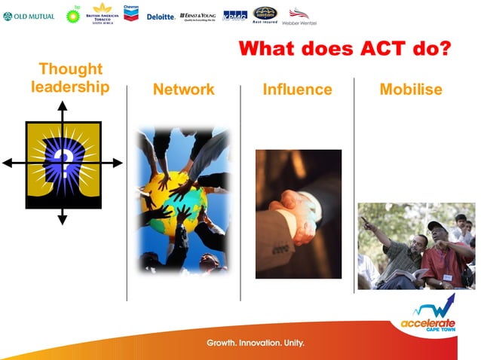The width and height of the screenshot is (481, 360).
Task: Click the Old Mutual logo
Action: coord(29,16)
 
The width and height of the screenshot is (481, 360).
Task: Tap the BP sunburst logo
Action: coord(73,15)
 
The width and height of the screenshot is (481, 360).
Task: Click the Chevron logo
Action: coord(131,13)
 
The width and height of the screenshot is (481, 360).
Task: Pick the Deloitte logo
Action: coord(161,16)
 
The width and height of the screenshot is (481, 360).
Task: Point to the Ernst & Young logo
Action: coord(198,16)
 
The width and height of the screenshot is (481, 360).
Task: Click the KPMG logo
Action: coord(234,15)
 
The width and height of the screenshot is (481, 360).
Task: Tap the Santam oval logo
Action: coord(264,14)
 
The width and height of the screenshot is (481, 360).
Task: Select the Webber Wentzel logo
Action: coord(299,15)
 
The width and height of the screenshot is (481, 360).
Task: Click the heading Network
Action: coord(183,90)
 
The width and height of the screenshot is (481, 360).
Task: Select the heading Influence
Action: coord(297,90)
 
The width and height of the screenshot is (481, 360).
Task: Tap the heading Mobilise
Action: coord(411,90)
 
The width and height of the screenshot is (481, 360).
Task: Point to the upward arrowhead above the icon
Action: coord(63,106)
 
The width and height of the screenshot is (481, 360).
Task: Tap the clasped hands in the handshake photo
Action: coord(295,210)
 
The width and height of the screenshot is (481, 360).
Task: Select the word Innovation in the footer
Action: coord(257,343)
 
